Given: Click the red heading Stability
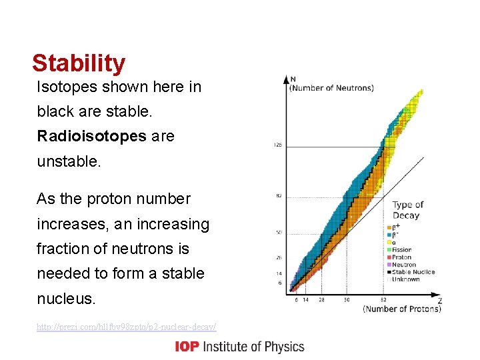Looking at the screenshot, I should pos(79,63).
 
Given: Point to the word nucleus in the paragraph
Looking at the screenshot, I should pos(66,298).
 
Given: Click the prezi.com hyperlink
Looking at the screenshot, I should pos(127,327).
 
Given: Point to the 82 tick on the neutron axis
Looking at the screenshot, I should pos(279,196).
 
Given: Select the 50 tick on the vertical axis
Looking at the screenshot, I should pos(279,233).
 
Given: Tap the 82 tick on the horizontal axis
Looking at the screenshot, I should pos(383,300).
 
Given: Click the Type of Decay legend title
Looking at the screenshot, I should pos(407,210).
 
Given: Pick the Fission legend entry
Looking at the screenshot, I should pos(403,250).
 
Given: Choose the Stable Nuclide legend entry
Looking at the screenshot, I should pos(413,272).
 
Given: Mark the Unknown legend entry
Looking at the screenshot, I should pos(407,279).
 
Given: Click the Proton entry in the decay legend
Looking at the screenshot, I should pos(402,257).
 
